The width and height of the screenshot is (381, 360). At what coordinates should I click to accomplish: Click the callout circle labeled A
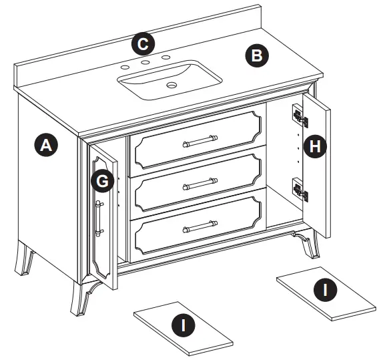[x=45, y=145]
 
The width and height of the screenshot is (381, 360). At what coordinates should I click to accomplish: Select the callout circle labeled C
[x=142, y=44]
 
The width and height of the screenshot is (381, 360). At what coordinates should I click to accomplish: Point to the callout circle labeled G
[x=101, y=181]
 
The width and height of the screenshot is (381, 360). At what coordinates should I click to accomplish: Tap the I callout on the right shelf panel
[x=326, y=289]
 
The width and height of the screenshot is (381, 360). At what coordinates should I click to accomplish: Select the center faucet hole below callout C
[x=144, y=63]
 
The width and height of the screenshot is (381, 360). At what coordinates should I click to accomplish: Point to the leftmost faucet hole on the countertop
[x=125, y=68]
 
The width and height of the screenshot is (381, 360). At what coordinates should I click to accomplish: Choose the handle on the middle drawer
[x=198, y=182]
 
